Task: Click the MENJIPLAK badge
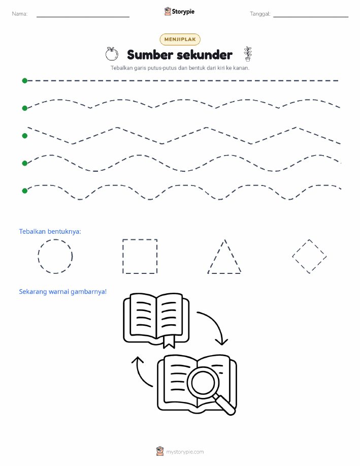pyautogui.click(x=180, y=39)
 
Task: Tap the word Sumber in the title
pyautogui.click(x=150, y=55)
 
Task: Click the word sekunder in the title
pyautogui.click(x=205, y=55)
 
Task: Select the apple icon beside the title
pyautogui.click(x=112, y=54)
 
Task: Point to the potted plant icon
pyautogui.click(x=248, y=54)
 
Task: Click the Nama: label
pyautogui.click(x=20, y=14)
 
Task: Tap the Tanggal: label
pyautogui.click(x=260, y=14)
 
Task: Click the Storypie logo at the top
pyautogui.click(x=179, y=12)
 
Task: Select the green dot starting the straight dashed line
pyautogui.click(x=25, y=80)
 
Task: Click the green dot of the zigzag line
pyautogui.click(x=25, y=136)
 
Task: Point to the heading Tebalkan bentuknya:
pyautogui.click(x=50, y=232)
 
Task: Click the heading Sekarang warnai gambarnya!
pyautogui.click(x=62, y=292)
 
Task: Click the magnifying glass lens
pyautogui.click(x=203, y=382)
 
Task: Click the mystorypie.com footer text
pyautogui.click(x=185, y=452)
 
